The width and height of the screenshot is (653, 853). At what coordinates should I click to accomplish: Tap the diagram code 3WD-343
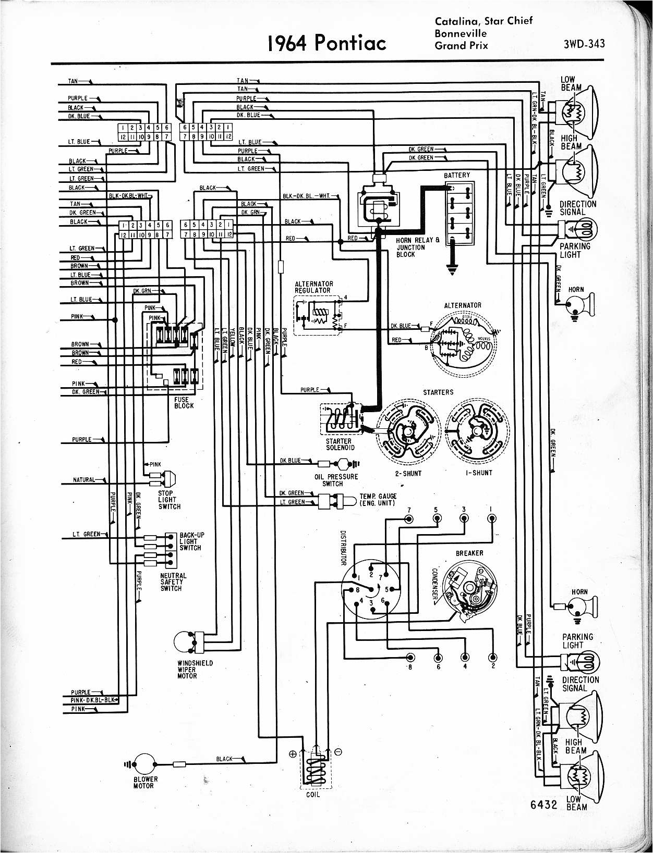[x=584, y=44]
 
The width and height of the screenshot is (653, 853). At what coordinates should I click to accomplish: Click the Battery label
[x=457, y=175]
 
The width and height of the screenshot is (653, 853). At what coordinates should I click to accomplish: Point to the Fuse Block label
[x=184, y=402]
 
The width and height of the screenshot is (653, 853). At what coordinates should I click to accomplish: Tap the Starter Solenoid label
[x=340, y=444]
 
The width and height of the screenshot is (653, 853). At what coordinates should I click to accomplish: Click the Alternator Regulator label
[x=313, y=287]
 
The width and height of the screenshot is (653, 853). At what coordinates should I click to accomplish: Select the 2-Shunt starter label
[x=408, y=473]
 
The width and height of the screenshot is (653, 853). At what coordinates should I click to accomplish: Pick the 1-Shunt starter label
[x=478, y=473]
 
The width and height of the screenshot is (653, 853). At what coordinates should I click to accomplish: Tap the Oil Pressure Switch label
[x=336, y=479]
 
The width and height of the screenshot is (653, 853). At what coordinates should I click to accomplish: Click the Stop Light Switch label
[x=169, y=500]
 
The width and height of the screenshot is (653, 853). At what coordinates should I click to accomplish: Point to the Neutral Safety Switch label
[x=173, y=582]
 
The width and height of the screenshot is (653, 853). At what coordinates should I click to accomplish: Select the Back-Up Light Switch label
[x=191, y=541]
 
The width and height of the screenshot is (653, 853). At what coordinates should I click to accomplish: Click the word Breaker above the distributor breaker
[x=469, y=553]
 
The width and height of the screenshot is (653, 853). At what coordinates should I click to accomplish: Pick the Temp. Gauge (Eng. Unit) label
[x=378, y=499]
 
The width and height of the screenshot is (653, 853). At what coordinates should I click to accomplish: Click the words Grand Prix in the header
[x=461, y=45]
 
